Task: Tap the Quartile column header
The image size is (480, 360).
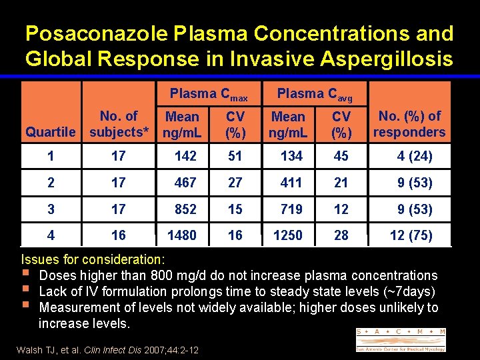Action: tap(50, 132)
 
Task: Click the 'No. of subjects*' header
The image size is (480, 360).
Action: tap(118, 124)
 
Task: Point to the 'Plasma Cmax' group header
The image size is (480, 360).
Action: tap(209, 95)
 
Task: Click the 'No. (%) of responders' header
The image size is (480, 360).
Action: tap(409, 124)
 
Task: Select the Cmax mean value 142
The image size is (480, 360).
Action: tap(185, 157)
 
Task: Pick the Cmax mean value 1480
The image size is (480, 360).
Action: tap(182, 235)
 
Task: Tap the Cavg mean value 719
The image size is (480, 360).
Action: tap(291, 209)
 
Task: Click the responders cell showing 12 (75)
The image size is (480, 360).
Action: tap(411, 235)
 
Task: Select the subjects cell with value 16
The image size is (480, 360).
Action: tap(118, 235)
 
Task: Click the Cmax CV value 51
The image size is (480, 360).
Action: tap(235, 157)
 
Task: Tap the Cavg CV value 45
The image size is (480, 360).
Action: tap(341, 157)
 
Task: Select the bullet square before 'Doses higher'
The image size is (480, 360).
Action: tap(25, 275)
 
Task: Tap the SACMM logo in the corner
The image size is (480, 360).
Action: tap(401, 339)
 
